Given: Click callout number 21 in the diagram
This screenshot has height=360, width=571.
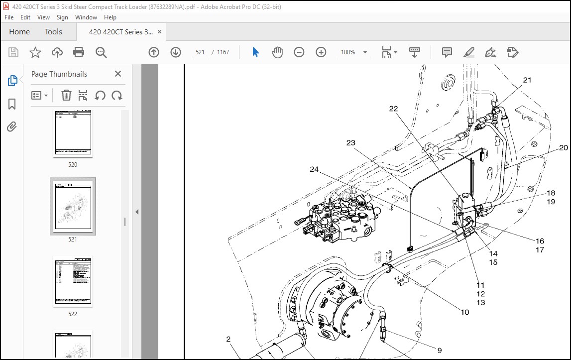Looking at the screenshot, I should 527,80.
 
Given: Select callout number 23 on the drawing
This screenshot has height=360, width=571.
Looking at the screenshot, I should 351,143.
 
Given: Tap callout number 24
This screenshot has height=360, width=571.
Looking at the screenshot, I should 314,169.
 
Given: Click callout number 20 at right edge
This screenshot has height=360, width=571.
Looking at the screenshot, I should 563,148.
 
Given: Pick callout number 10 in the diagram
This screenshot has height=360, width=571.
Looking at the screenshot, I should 464,313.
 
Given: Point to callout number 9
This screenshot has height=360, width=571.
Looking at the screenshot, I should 440,351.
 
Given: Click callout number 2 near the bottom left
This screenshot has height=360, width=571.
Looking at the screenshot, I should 228,340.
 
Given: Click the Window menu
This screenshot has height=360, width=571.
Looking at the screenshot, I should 86,17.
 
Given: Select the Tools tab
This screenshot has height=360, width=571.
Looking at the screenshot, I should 53,32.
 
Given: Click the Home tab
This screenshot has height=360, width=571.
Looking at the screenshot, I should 19,32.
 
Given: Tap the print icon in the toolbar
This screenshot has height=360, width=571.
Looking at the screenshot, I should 79,52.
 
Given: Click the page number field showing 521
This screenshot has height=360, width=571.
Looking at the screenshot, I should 201,52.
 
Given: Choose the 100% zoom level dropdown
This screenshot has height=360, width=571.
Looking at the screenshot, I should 353,52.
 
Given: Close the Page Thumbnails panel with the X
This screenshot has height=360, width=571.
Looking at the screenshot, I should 118,74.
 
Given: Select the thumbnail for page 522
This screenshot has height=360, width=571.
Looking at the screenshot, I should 73,281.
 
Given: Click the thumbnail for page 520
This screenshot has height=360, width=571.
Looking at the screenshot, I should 73,133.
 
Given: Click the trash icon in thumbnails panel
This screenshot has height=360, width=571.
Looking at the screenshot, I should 66,95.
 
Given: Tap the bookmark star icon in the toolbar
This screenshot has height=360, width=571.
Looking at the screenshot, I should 35,52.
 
